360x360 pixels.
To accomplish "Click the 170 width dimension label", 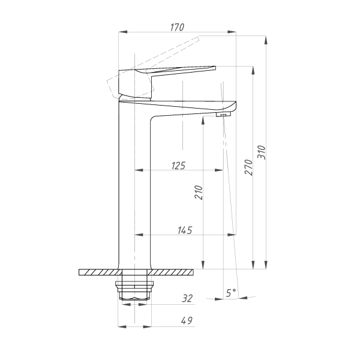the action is point(177,28).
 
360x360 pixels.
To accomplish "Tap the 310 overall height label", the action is point(262,152).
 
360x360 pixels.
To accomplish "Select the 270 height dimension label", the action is point(248,167).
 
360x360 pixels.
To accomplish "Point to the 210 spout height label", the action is point(199,193).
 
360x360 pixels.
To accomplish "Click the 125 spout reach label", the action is point(178,166).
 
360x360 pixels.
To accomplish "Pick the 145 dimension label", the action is point(185,230).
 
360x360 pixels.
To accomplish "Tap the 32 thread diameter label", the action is point(187,298).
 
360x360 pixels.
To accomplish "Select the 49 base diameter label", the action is point(187,320).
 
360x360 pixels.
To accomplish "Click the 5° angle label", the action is point(231,293).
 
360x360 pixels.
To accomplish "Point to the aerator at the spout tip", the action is point(223,115).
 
